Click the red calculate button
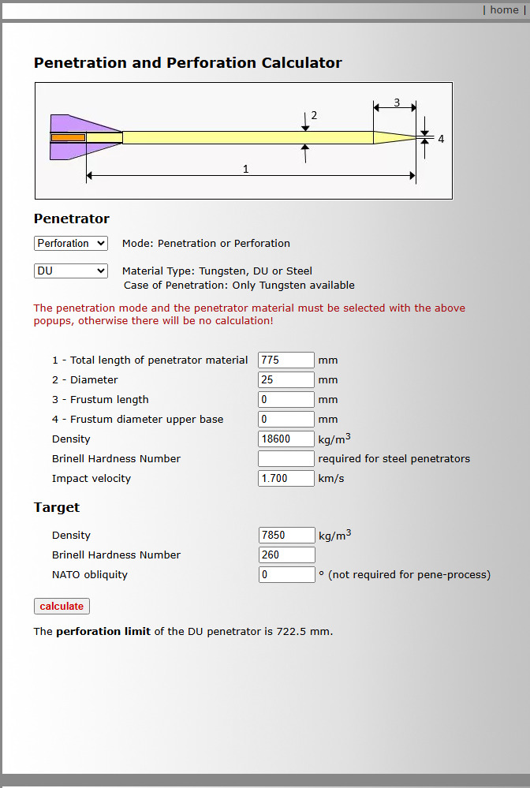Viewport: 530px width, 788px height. [62, 606]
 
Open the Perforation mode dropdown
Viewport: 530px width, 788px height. [71, 244]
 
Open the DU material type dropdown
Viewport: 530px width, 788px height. [71, 271]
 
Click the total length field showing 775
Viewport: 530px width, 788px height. [286, 360]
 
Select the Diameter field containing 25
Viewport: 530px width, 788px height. [286, 380]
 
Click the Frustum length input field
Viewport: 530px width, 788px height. [286, 400]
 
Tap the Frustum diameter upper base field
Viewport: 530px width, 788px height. [286, 420]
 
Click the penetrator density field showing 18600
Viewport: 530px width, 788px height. [286, 439]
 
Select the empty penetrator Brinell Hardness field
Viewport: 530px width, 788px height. [286, 459]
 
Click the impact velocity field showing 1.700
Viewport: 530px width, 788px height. [286, 479]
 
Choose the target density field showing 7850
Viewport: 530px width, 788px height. [286, 536]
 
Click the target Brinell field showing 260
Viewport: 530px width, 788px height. [286, 555]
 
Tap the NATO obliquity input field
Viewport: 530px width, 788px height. [286, 575]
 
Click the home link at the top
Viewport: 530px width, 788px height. [504, 10]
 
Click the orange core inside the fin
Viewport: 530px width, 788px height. [68, 138]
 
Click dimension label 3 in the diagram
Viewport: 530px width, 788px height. [397, 103]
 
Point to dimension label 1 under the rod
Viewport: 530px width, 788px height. [246, 169]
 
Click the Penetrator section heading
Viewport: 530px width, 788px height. [72, 218]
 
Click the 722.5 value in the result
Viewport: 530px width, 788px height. [300, 632]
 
